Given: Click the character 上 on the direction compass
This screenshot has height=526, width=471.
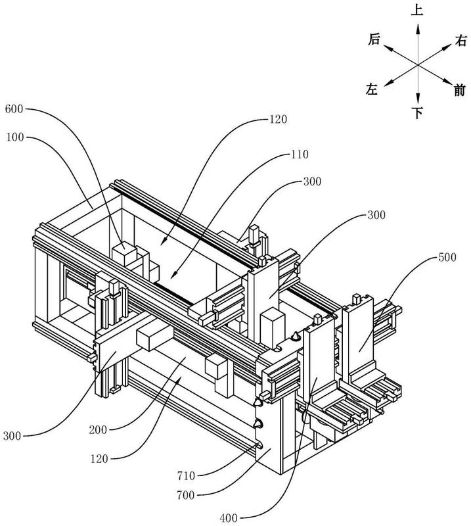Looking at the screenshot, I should [416, 9].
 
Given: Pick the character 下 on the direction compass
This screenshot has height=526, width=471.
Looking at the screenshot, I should [416, 113].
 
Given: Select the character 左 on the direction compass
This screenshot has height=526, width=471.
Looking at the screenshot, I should [372, 90].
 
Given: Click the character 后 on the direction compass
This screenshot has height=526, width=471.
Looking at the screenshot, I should [374, 40].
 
